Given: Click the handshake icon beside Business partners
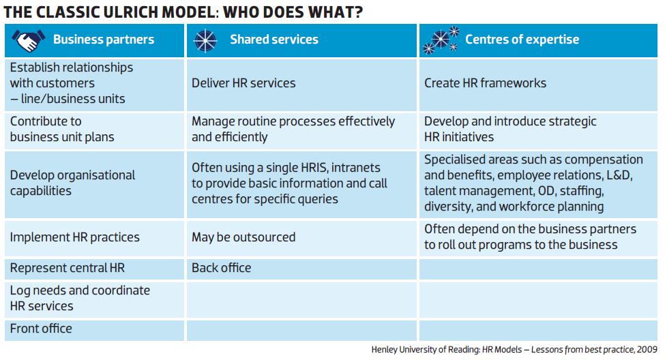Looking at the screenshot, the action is (x=28, y=40).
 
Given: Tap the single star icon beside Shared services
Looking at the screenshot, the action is (x=205, y=41).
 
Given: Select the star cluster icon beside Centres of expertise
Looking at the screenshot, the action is (x=441, y=40).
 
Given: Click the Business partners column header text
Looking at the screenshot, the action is (x=104, y=40).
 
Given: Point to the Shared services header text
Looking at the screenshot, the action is (x=274, y=40).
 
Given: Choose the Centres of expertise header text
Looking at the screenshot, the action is (x=522, y=40).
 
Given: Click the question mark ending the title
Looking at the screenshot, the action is (x=359, y=12).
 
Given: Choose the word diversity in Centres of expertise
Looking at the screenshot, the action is (x=448, y=207).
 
